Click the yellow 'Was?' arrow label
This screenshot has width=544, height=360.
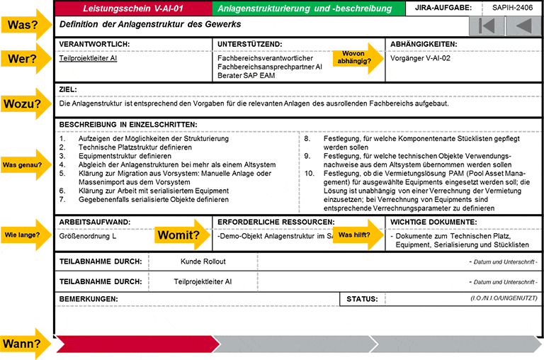(x=24, y=24)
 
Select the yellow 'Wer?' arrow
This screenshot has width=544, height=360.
(x=24, y=59)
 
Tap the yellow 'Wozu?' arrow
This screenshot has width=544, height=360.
(x=24, y=103)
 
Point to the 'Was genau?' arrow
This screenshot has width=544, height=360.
(x=24, y=166)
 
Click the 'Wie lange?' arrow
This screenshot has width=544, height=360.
(x=24, y=235)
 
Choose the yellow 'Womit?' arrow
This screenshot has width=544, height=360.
(x=181, y=235)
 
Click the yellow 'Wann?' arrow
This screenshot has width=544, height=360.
(x=24, y=344)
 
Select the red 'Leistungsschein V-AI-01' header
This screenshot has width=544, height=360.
(x=133, y=9)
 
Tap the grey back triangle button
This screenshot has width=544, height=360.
(x=523, y=26)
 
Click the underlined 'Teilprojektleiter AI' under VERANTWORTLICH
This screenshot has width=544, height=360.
(x=89, y=59)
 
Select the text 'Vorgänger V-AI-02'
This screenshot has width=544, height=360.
(x=420, y=59)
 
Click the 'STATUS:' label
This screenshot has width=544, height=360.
(x=361, y=300)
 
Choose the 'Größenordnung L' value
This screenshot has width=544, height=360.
(x=89, y=236)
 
